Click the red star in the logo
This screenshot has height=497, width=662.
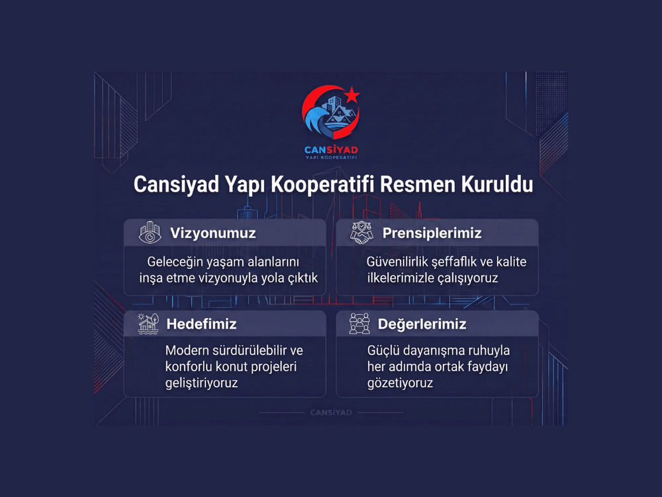[x=352, y=95]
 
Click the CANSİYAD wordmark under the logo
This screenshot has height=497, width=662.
[x=331, y=150]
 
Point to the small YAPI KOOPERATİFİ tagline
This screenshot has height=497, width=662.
[x=331, y=158]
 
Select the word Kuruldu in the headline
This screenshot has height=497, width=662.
[x=497, y=185]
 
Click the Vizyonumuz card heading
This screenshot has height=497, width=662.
[x=213, y=233]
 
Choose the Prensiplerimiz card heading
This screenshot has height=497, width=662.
[x=432, y=233]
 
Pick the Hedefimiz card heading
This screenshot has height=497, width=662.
[x=201, y=324]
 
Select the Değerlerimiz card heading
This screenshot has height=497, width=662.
[x=422, y=324]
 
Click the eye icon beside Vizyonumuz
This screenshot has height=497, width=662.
[x=150, y=233]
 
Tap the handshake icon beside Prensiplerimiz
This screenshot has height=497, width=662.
[x=361, y=233]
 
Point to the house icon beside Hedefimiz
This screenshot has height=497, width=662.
[x=148, y=324]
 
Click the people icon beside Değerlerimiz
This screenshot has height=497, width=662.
[x=359, y=324]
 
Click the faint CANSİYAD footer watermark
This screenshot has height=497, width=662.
[x=331, y=412]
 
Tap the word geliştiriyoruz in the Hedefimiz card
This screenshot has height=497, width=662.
[x=201, y=383]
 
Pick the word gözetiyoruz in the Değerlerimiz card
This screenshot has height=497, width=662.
[x=400, y=383]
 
